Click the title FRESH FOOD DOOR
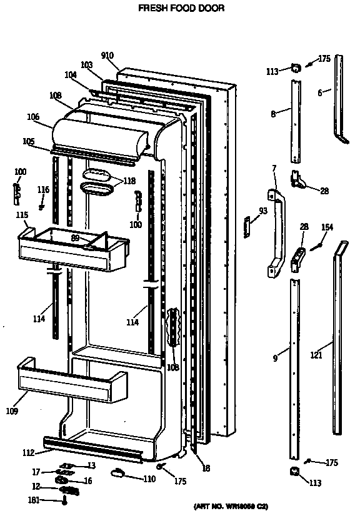pos(181,9)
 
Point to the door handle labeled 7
pos(276,234)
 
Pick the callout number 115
pos(22,215)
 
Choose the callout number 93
pos(262,211)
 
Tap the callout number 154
pos(327,227)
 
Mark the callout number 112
pos(29,454)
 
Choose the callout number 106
pos(33,116)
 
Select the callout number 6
pos(320,94)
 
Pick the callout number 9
pos(276,360)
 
